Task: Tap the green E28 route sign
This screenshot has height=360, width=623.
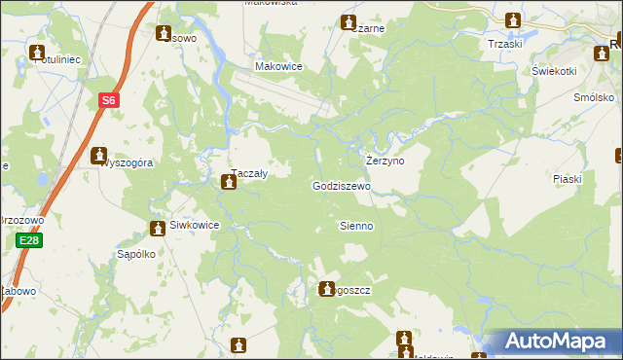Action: click(x=30, y=240)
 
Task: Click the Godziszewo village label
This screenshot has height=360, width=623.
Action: click(x=342, y=185)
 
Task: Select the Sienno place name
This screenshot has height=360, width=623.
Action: click(x=356, y=226)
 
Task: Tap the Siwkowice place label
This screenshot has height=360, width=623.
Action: click(x=195, y=226)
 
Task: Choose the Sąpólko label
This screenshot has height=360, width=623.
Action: click(x=136, y=254)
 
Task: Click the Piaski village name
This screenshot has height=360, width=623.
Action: click(x=567, y=179)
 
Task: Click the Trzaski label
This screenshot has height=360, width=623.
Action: click(x=506, y=44)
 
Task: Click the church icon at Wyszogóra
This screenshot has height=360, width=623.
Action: click(x=98, y=155)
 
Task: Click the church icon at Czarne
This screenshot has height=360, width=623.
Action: click(x=348, y=21)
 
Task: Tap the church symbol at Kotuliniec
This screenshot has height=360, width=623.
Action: click(x=37, y=52)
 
